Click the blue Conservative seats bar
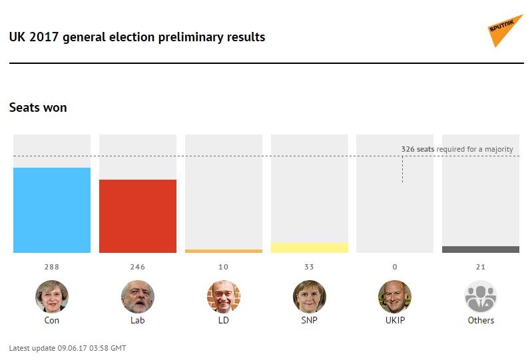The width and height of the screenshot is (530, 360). coord(52,210)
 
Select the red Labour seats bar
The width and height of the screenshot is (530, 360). coord(138,216)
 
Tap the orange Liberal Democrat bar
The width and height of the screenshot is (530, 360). coord(224,251)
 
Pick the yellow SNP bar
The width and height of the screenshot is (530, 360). coord(310,248)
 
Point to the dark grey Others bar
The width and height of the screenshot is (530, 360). coord(481,250)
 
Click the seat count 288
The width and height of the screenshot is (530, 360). coord(52,267)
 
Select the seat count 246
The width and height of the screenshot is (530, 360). coord(138,267)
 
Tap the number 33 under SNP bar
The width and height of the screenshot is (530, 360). coord(310,267)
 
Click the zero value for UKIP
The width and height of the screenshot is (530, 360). coord(395,267)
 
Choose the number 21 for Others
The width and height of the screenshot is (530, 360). coord(481,267)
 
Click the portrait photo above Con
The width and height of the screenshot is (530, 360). coord(52,297)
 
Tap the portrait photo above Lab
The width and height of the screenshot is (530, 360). coord(138,297)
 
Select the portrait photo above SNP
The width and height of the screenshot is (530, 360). coord(310,297)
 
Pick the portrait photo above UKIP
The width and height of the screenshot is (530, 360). coord(395,297)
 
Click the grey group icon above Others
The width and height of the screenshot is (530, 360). coord(481,297)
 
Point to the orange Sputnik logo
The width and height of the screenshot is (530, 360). coord(505,31)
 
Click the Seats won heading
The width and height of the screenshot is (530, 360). coord(38,107)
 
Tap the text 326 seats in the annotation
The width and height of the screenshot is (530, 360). coord(417,150)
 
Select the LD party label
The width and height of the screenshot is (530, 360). coord(224,320)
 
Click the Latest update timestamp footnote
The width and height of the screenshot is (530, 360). coord(67,348)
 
